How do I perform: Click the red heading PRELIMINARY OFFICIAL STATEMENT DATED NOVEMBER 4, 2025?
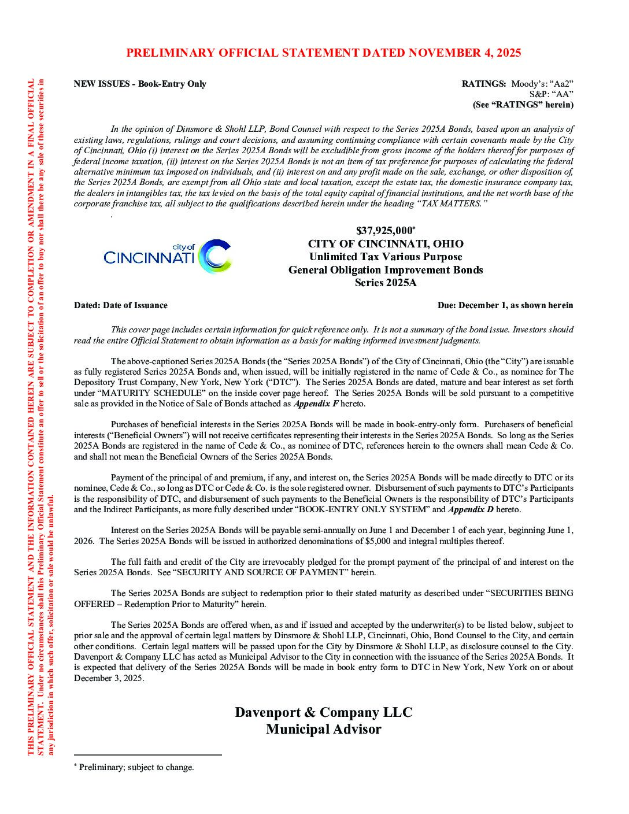point(323,53)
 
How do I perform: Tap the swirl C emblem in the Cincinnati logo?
point(214,256)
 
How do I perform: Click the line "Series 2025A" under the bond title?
point(385,283)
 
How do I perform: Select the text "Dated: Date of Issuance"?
point(121,305)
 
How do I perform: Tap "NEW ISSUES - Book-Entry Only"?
point(140,84)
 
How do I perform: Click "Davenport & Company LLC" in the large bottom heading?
point(323,712)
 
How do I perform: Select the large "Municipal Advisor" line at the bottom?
point(323,729)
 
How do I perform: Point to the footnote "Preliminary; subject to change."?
point(136,767)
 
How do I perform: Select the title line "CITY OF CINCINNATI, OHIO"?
point(385,243)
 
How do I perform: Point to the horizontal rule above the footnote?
point(147,755)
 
